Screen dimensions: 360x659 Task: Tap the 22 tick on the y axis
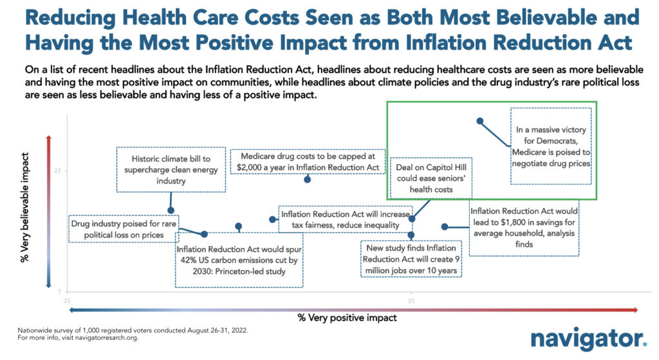click(x=57, y=171)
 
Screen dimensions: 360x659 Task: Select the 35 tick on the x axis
click(x=411, y=299)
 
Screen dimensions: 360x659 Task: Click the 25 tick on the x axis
click(x=67, y=299)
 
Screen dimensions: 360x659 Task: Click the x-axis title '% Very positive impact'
click(x=347, y=317)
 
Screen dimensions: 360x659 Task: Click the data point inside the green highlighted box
click(x=479, y=121)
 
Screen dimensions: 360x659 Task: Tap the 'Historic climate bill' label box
click(x=171, y=169)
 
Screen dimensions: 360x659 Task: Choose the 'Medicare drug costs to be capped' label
click(x=308, y=162)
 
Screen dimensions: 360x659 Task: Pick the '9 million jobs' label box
click(x=411, y=259)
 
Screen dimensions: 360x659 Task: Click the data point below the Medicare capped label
click(x=307, y=179)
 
